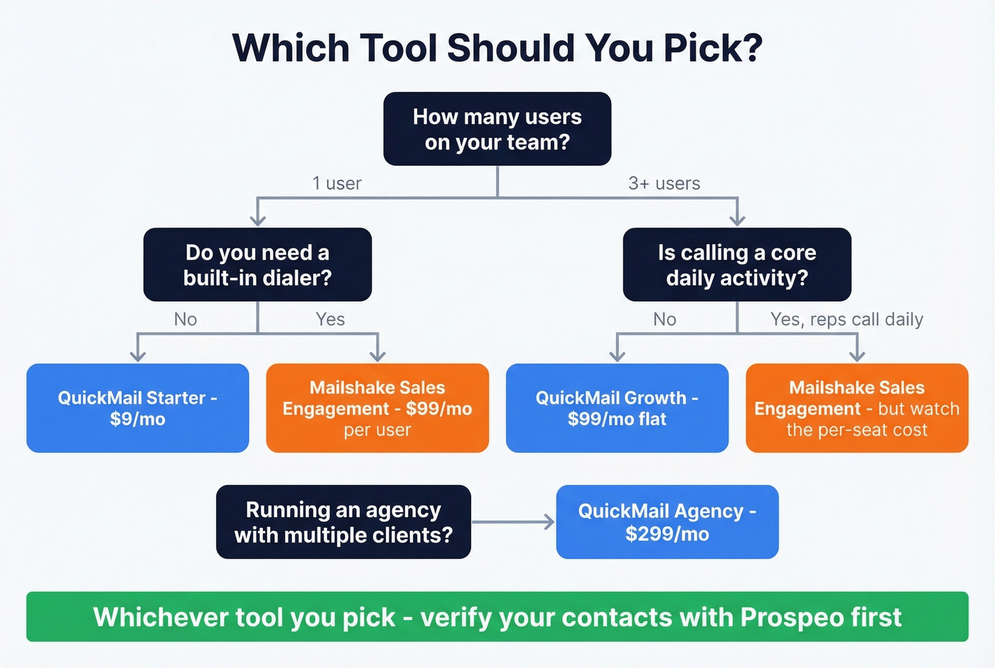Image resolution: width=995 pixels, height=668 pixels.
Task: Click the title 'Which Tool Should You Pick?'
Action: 497,48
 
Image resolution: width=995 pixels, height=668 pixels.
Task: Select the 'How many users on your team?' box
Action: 497,129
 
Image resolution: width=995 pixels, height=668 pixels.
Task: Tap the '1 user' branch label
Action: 337,184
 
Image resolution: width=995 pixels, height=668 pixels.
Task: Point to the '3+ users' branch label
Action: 664,184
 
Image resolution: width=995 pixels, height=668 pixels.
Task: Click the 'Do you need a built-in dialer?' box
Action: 257,265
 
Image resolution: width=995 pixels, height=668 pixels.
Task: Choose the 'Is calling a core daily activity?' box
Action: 737,265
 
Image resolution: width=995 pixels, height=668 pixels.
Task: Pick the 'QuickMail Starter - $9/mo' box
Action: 138,408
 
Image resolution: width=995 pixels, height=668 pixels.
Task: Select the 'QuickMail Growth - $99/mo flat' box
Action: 617,408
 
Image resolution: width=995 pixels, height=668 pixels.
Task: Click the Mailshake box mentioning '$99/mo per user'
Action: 377,408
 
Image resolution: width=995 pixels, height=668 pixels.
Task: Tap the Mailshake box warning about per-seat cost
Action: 857,408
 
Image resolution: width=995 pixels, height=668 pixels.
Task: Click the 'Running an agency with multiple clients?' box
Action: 343,522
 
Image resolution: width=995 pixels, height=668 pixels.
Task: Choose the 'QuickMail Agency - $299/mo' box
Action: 667,522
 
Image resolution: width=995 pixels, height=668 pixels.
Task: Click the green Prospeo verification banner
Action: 497,617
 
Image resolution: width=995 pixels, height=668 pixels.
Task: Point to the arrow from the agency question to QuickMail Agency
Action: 513,522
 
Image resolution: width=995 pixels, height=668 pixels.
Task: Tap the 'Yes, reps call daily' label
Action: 846,319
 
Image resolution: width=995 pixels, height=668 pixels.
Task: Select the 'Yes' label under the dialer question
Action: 330,319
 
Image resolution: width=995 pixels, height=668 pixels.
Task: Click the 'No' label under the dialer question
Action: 185,319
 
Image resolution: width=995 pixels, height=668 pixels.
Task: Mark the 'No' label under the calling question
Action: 665,319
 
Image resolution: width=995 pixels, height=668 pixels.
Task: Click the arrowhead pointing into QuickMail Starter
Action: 138,355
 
